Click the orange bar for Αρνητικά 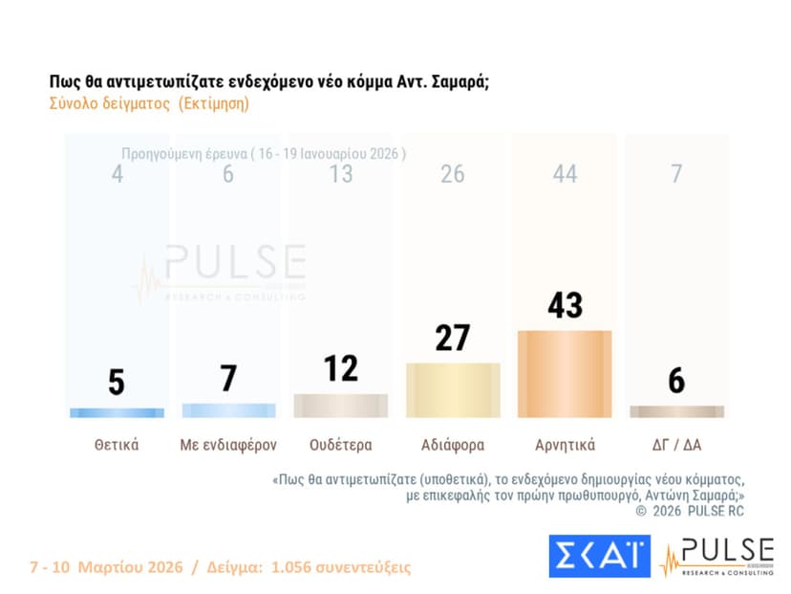coord(564,374)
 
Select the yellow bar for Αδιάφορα coord(453,390)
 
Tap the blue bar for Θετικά coord(118,412)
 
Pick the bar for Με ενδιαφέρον coord(228,410)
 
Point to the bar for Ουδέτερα coord(341,406)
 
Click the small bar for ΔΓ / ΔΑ coord(676,411)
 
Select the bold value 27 coord(453,339)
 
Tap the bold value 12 coord(341,368)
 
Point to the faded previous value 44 coord(564,174)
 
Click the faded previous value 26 coord(453,174)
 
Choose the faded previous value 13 coord(341,174)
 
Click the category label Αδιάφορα coord(453,445)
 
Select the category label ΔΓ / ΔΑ coord(676,445)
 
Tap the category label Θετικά coord(118,445)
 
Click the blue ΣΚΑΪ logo coord(599,556)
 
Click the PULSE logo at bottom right coord(716,556)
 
